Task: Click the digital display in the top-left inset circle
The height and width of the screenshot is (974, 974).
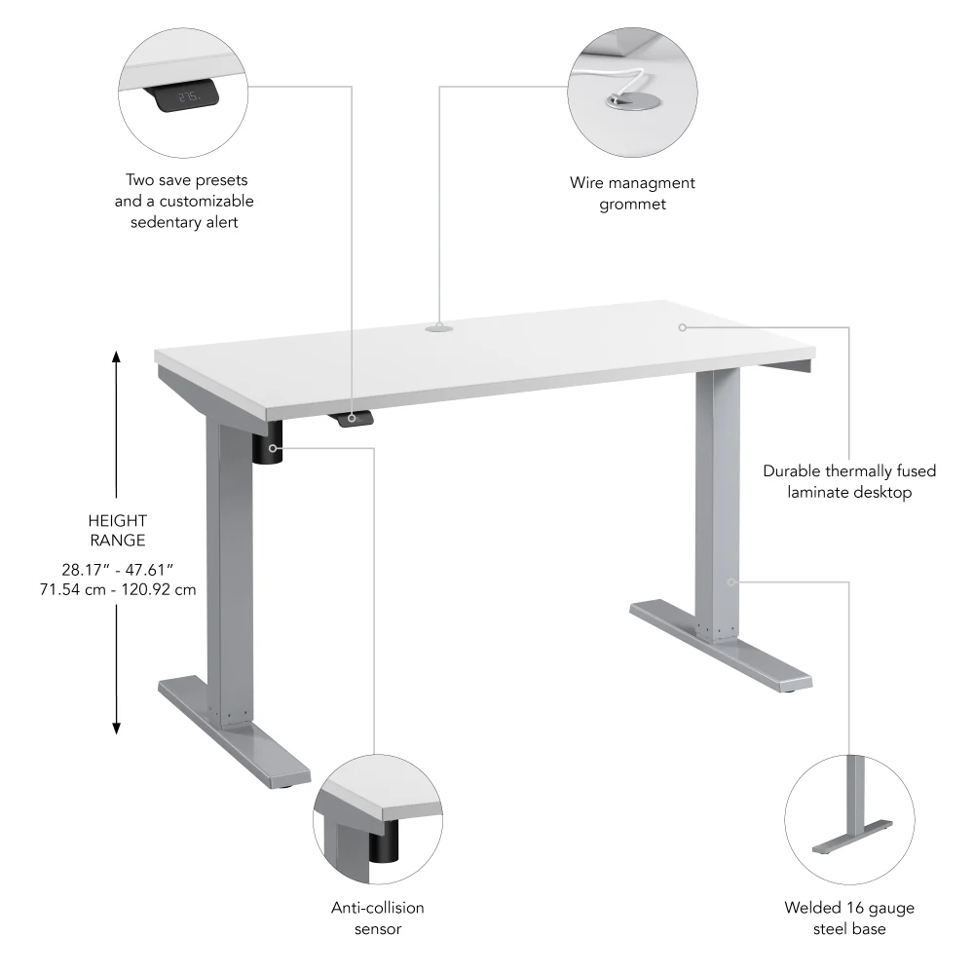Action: [189, 97]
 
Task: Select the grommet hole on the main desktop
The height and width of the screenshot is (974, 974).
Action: [438, 329]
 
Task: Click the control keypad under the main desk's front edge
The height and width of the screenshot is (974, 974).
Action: [355, 418]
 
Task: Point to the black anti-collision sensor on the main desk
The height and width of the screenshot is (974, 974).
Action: [268, 447]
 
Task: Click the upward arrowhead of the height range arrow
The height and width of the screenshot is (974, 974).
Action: [116, 357]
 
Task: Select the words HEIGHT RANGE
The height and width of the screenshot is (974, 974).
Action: [116, 530]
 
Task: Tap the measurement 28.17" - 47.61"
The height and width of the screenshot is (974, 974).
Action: [116, 568]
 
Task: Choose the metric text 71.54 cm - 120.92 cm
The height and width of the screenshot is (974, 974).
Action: [116, 589]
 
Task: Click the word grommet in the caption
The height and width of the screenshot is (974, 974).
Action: [632, 204]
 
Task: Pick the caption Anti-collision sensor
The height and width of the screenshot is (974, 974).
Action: [378, 918]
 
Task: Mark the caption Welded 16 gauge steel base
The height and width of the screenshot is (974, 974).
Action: [849, 918]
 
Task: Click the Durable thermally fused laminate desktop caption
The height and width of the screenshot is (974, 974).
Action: [849, 481]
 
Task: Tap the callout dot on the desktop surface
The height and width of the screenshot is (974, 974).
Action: [683, 327]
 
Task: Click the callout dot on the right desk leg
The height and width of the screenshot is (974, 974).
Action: [730, 581]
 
